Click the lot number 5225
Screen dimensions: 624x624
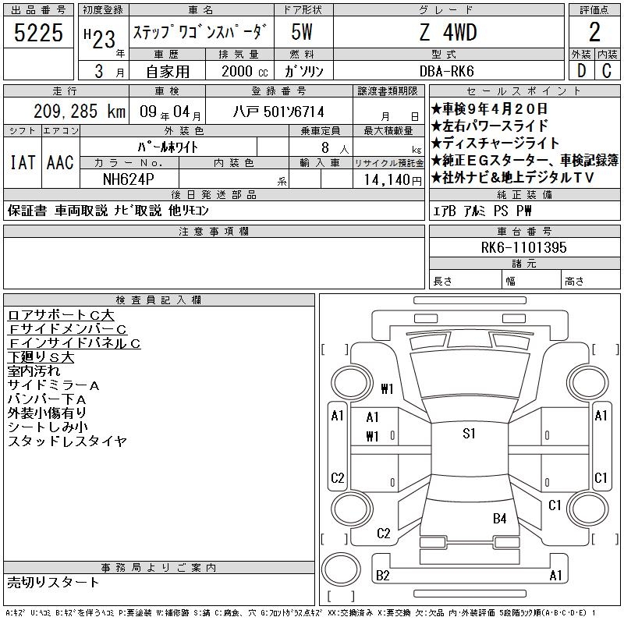coord(38,33)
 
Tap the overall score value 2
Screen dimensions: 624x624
coord(594,32)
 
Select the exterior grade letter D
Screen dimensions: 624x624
coord(581,71)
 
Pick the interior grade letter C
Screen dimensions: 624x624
coord(607,71)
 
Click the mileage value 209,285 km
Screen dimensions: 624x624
coord(80,112)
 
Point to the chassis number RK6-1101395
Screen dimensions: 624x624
coord(523,247)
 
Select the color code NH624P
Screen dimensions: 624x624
coord(128,179)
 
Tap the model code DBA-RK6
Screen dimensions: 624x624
coord(446,71)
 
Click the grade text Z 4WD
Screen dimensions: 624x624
coord(448,32)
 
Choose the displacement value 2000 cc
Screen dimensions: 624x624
coord(244,71)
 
